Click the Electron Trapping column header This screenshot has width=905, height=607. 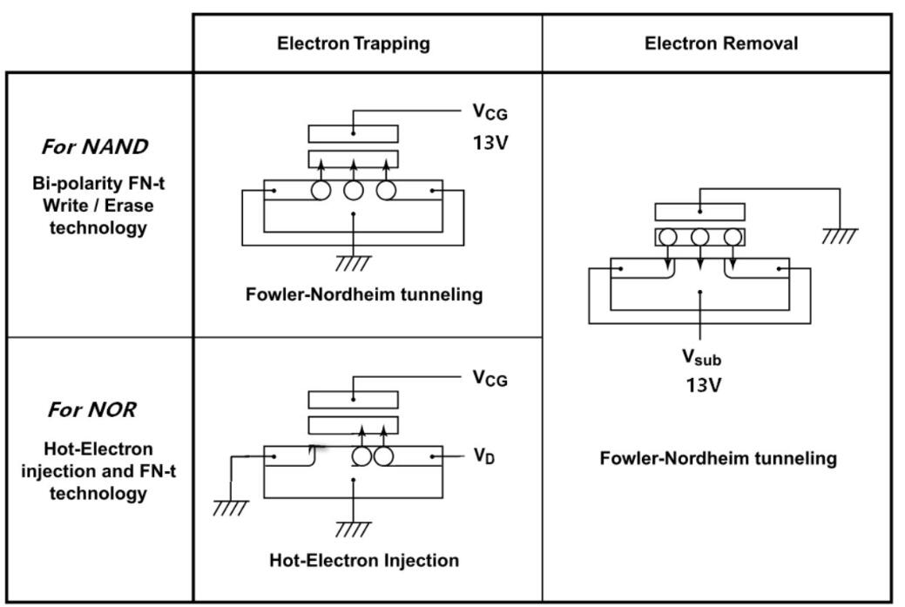tap(353, 44)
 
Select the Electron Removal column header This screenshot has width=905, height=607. tap(720, 44)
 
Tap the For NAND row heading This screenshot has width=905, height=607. tap(95, 147)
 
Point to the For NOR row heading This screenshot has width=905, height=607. tap(92, 409)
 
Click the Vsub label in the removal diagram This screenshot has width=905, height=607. tap(700, 357)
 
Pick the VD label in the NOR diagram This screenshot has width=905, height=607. tap(484, 456)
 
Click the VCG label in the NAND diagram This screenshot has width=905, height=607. tap(490, 111)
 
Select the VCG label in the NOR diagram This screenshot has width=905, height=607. tap(490, 378)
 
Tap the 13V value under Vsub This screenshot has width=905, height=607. tap(701, 384)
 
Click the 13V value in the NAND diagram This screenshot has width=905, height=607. tap(490, 142)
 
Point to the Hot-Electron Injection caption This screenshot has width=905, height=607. tap(364, 560)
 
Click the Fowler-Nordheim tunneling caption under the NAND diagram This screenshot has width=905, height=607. tap(364, 294)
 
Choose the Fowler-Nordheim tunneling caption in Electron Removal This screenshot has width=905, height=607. tap(718, 458)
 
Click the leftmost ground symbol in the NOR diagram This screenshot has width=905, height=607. tap(231, 509)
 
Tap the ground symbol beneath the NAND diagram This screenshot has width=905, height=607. tap(353, 262)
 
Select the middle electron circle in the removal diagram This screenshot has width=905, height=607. tap(700, 237)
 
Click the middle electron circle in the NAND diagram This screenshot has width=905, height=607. tap(353, 191)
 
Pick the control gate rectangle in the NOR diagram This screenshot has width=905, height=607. tap(353, 399)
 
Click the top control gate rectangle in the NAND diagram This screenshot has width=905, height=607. tap(353, 133)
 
